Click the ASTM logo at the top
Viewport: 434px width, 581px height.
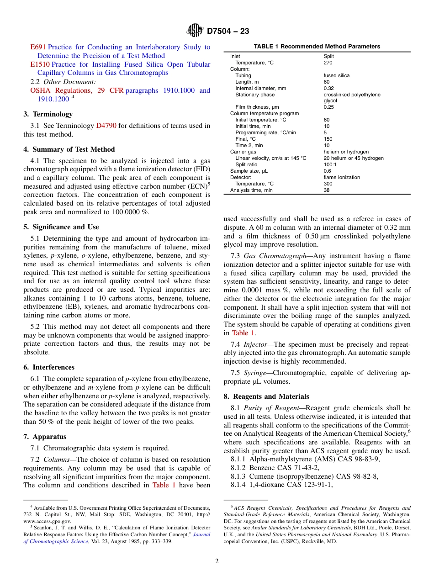click(195, 31)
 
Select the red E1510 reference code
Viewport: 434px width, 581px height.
click(40, 64)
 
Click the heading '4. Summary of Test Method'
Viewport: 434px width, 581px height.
click(69, 149)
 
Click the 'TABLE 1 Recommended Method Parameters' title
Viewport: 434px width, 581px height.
click(317, 47)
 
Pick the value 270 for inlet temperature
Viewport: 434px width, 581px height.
click(328, 63)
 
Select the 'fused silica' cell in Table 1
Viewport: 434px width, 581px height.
click(336, 75)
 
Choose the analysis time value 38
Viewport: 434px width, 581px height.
click(326, 190)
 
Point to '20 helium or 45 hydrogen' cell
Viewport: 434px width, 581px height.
click(353, 158)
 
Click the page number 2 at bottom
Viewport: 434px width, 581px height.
click(217, 561)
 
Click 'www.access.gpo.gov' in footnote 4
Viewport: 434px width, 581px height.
click(47, 521)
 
